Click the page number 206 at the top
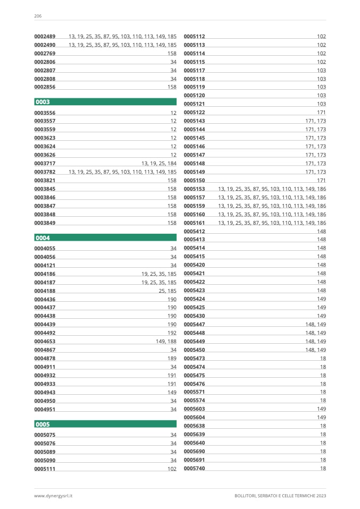pyautogui.click(x=38, y=16)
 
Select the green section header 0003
pyautogui.click(x=105, y=101)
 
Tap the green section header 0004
pyautogui.click(x=105, y=238)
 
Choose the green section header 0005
pyautogui.click(x=105, y=424)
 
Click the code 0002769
pyautogui.click(x=45, y=54)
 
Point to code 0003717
pyautogui.click(x=45, y=164)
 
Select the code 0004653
pyautogui.click(x=45, y=342)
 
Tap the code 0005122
pyautogui.click(x=194, y=113)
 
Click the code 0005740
pyautogui.click(x=194, y=468)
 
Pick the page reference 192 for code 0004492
pyautogui.click(x=172, y=333)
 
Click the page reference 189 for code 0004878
pyautogui.click(x=172, y=359)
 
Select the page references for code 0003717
pyautogui.click(x=158, y=164)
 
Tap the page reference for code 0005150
pyautogui.click(x=321, y=180)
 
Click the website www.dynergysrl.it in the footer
pyautogui.click(x=53, y=496)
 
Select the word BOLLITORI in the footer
pyautogui.click(x=246, y=496)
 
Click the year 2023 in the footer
pyautogui.click(x=320, y=496)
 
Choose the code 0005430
pyautogui.click(x=194, y=316)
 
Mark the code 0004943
pyautogui.click(x=45, y=392)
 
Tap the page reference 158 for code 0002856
pyautogui.click(x=172, y=87)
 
